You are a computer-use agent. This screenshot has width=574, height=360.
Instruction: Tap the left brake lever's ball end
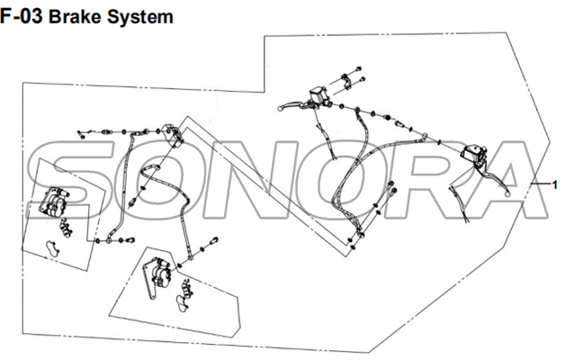click(282, 107)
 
